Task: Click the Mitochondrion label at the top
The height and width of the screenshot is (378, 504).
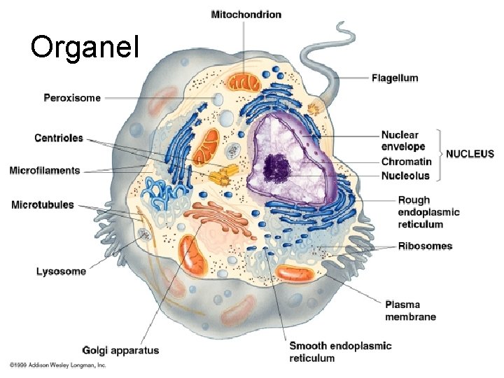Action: [246, 15]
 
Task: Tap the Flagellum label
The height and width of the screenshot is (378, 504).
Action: [395, 78]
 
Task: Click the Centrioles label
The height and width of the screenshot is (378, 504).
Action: [58, 138]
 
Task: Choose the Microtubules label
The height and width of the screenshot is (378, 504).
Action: [43, 205]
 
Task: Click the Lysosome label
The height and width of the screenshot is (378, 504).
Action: [61, 271]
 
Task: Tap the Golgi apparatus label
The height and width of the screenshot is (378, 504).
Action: [120, 350]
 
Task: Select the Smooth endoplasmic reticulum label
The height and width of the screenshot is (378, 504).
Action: [340, 351]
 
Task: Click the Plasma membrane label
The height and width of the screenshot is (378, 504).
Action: [410, 310]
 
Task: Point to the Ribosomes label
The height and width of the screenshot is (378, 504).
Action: [425, 246]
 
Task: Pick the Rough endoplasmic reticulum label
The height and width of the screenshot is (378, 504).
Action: [428, 212]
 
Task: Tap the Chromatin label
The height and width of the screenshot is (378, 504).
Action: [406, 162]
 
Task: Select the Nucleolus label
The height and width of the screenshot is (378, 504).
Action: [405, 176]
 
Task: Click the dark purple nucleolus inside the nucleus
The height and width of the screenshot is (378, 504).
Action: [276, 166]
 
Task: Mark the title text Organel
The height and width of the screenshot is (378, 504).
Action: [85, 47]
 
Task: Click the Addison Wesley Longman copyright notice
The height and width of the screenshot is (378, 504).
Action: [57, 365]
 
